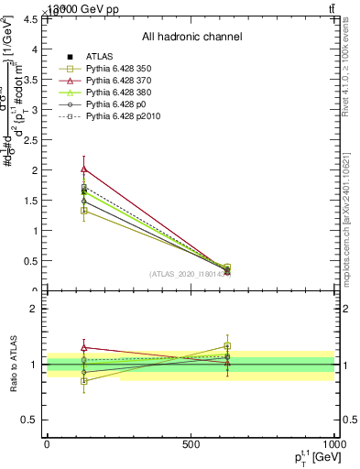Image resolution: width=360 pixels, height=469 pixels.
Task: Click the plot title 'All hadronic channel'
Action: (x=191, y=38)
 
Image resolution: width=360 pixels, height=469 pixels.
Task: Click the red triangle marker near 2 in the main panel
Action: (x=84, y=169)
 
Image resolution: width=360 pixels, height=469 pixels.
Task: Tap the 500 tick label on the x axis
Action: (x=191, y=444)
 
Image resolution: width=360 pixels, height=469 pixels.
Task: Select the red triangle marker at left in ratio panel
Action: (x=84, y=348)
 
